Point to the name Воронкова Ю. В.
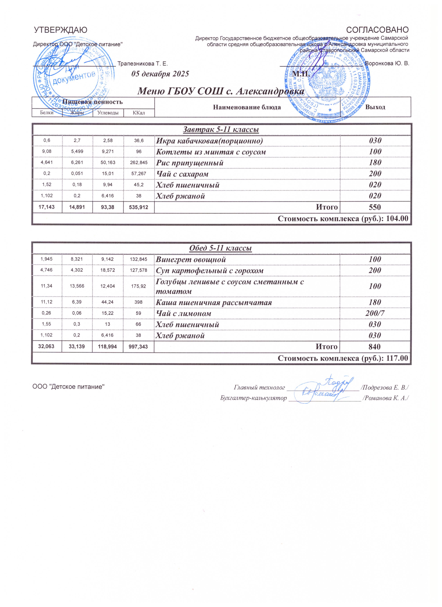point(387,64)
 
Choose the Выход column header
point(375,107)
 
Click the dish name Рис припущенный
point(189,163)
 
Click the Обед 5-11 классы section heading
point(221,248)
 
